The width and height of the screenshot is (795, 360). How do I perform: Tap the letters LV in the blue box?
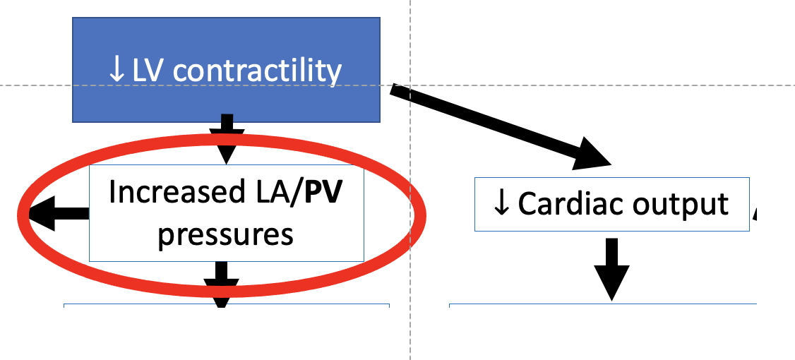point(148,71)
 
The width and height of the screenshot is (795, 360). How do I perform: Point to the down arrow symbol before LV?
point(116,71)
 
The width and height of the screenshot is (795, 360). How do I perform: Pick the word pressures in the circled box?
point(225,234)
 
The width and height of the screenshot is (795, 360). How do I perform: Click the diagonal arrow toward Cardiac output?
point(494,124)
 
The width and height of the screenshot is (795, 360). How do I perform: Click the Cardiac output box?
point(611,204)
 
